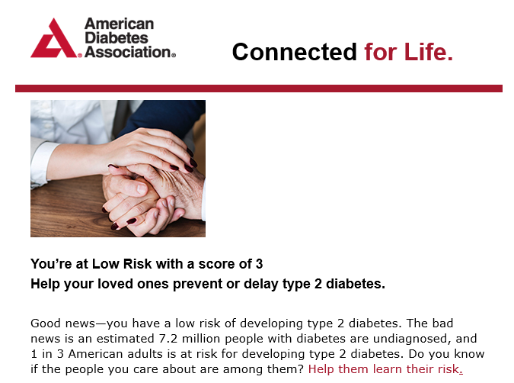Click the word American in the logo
120,24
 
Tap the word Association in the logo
128,52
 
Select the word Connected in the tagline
295,52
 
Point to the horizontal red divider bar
259,89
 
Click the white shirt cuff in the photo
42,163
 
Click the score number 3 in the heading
260,264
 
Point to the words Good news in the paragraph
62,323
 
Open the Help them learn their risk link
385,369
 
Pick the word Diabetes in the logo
117,38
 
